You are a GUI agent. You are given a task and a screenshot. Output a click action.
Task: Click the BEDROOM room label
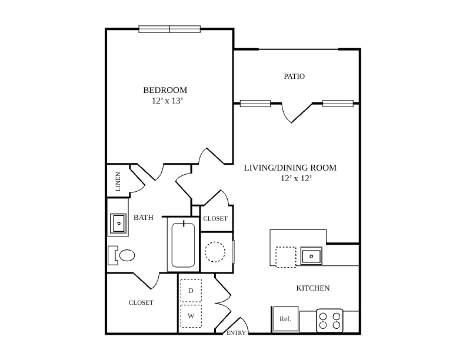tap(165, 90)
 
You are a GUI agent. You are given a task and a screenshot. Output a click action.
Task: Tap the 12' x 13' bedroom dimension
tap(167, 101)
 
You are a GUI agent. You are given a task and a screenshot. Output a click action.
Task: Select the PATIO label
tap(294, 76)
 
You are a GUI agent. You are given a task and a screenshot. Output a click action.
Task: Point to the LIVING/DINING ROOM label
tap(290, 168)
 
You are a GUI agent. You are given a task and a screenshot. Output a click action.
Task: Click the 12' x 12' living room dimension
tap(296, 178)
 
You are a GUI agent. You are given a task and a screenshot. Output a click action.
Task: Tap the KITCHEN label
tap(313, 288)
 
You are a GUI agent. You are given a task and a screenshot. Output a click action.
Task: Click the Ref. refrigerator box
tap(285, 319)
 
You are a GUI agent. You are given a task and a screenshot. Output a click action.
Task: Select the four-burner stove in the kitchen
tap(329, 321)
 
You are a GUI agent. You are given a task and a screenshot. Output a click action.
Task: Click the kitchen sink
tap(311, 256)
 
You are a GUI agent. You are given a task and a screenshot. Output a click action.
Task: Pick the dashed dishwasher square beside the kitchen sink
tap(285, 257)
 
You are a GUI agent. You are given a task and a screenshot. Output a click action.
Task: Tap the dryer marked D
tap(191, 291)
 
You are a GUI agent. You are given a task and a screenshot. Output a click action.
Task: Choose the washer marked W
tap(191, 316)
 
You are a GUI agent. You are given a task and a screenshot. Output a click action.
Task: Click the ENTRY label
tap(236, 333)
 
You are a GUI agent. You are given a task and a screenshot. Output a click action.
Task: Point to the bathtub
tap(183, 245)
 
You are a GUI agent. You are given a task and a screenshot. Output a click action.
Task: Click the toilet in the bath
tap(121, 255)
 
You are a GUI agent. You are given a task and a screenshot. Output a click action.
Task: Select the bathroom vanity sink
tap(118, 224)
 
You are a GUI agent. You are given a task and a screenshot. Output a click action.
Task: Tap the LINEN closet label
tap(118, 182)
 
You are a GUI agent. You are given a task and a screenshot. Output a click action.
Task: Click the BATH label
tap(144, 218)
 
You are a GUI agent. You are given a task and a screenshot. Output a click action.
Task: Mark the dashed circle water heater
tap(215, 252)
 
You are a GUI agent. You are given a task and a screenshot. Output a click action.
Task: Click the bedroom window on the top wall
tap(169, 29)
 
